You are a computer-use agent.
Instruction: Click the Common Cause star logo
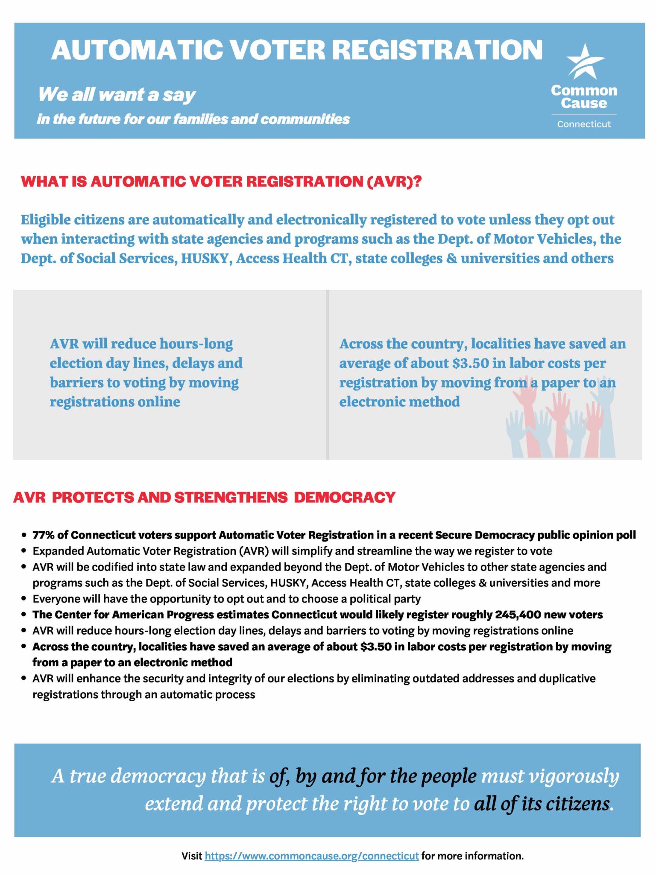(584, 62)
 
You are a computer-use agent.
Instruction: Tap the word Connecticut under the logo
(584, 124)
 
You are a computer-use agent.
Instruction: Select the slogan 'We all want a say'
(117, 95)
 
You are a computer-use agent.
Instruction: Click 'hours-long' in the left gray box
(196, 344)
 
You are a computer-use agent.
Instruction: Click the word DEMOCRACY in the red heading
(344, 498)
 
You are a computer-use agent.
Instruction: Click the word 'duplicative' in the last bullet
(567, 679)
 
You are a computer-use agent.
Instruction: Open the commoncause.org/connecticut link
(311, 856)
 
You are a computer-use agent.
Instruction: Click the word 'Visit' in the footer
(192, 856)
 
